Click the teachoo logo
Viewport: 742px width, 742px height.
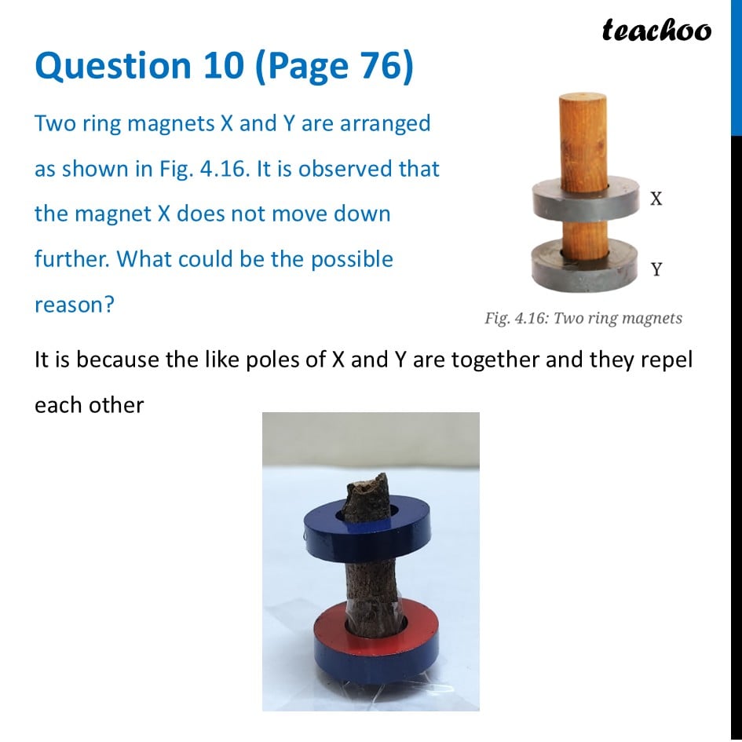coord(656,30)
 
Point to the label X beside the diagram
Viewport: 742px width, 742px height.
coord(656,199)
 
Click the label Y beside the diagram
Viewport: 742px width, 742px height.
coord(656,269)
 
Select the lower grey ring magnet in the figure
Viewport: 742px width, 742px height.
coord(585,267)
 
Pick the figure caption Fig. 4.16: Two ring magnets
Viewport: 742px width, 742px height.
coord(583,318)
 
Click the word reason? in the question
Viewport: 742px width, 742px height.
coord(75,305)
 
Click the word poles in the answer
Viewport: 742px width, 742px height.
coord(264,360)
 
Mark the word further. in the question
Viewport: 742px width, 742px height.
coord(73,259)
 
